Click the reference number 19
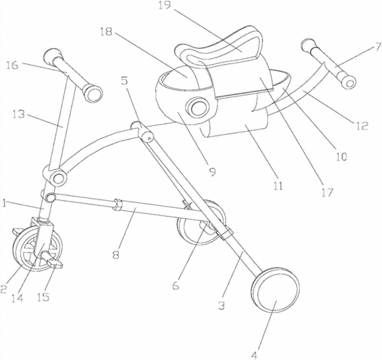[x=164, y=5]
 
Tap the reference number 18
[x=106, y=32]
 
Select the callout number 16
[x=12, y=66]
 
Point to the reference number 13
[x=19, y=114]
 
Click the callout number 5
[x=125, y=81]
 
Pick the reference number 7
[x=378, y=47]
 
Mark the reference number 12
[x=362, y=125]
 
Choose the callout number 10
[x=341, y=156]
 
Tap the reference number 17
[x=327, y=192]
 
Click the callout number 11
[x=278, y=186]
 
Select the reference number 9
[x=213, y=172]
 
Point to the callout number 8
[x=116, y=255]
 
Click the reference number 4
[x=254, y=356]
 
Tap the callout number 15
[x=43, y=297]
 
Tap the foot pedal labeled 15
[x=55, y=263]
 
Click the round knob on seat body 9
[x=197, y=108]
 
